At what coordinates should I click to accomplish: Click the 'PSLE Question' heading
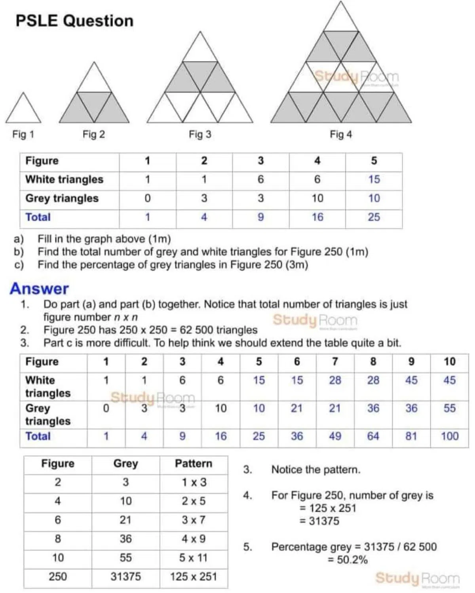click(x=74, y=21)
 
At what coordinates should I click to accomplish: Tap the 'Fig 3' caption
click(x=200, y=135)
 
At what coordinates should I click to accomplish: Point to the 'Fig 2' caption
click(x=94, y=135)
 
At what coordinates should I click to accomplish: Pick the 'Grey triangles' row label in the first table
click(x=62, y=198)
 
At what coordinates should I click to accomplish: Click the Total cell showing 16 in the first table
click(x=317, y=217)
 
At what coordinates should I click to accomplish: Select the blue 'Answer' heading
click(x=39, y=289)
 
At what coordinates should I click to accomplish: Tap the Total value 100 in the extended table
click(x=450, y=436)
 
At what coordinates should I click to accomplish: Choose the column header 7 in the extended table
click(x=335, y=361)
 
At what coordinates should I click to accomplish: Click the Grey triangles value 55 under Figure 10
click(x=450, y=408)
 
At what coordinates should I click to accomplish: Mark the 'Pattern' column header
click(x=194, y=464)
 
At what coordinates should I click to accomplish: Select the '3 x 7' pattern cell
click(x=194, y=520)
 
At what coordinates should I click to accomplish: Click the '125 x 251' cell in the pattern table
click(x=194, y=576)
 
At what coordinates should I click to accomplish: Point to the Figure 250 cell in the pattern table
click(x=58, y=576)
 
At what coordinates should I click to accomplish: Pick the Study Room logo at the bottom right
click(x=418, y=578)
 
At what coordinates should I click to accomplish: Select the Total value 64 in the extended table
click(x=373, y=436)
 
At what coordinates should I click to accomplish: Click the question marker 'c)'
click(x=19, y=265)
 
